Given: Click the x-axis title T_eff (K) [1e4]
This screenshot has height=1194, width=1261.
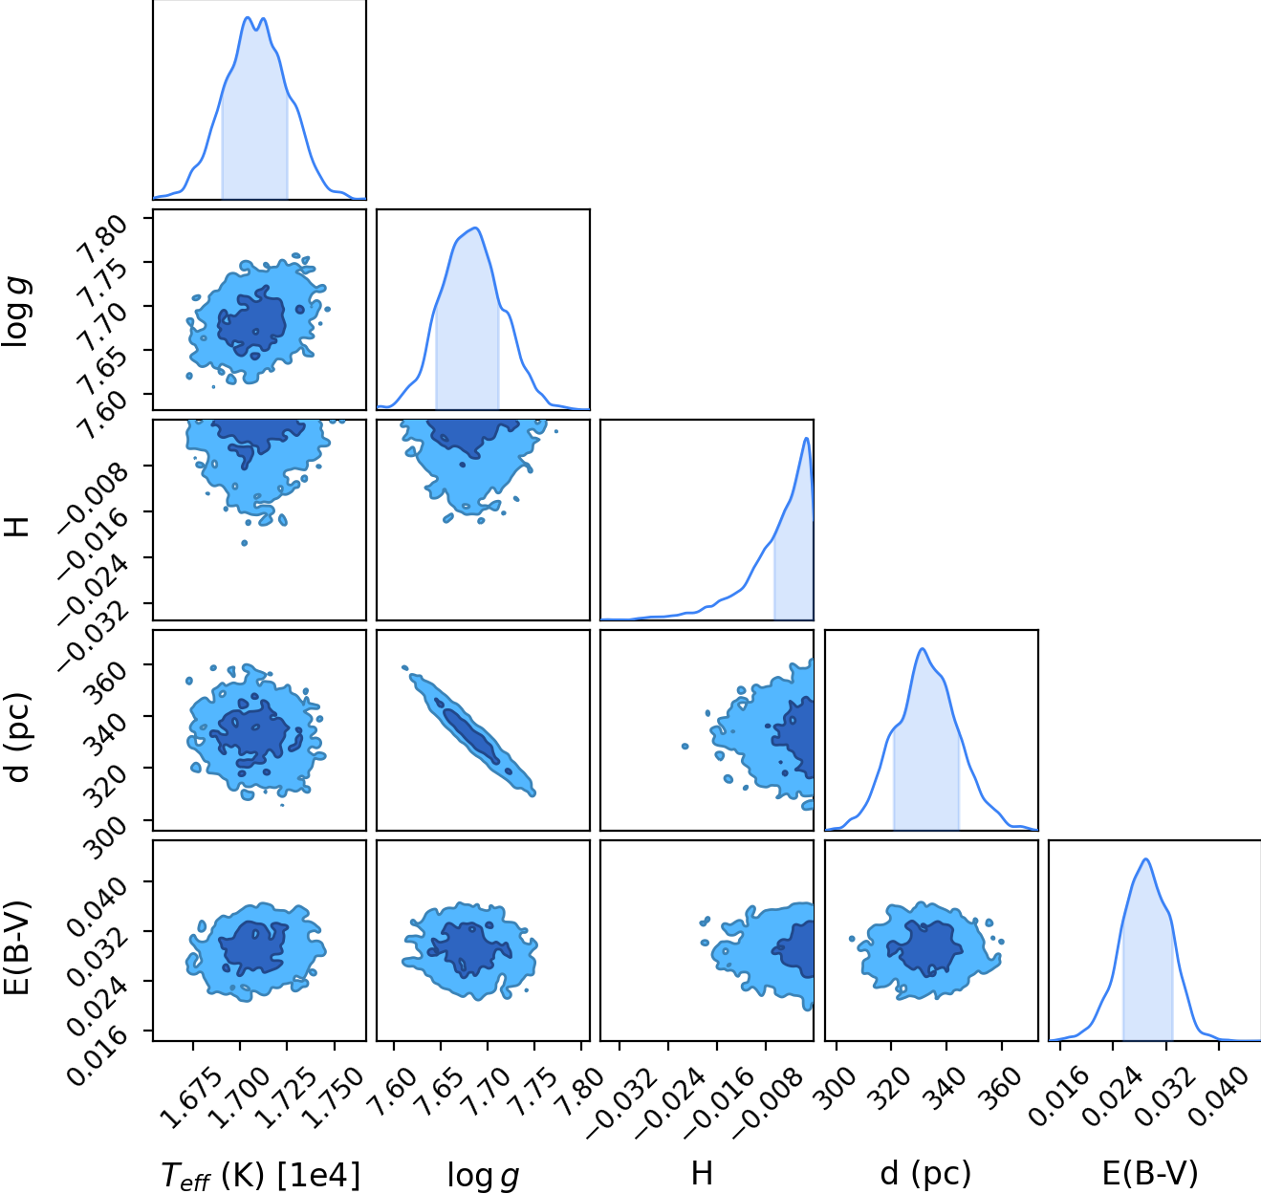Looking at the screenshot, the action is pos(260,1175).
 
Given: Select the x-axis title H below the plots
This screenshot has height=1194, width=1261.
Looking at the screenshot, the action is pos(702,1174).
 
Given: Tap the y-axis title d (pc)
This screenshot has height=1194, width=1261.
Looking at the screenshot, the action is pos(19,738).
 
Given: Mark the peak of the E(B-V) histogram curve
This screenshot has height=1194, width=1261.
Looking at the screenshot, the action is pos(1145,859).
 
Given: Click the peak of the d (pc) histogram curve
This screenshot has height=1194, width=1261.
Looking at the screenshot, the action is pos(923,649).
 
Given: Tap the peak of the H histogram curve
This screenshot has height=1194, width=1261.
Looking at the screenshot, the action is pos(806,438).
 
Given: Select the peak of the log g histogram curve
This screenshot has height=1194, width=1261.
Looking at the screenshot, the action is pos(476,228).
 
